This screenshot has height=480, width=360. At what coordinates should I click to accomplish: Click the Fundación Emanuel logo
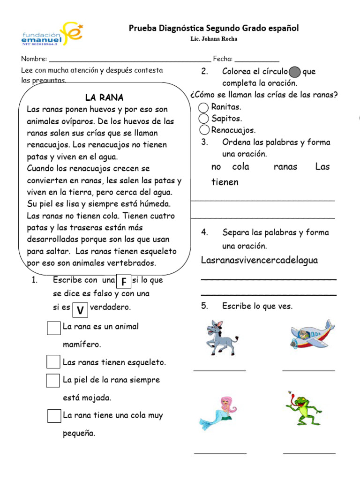click(52, 34)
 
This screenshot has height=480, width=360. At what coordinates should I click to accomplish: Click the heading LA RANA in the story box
click(104, 97)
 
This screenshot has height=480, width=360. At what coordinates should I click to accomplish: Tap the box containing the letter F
click(123, 281)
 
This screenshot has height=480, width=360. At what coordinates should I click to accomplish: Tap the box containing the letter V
click(80, 309)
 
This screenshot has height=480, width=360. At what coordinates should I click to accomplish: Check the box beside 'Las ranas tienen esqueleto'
click(53, 362)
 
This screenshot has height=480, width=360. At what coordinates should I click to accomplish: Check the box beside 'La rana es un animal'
click(53, 328)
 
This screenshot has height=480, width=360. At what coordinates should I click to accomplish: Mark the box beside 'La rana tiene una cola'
click(54, 416)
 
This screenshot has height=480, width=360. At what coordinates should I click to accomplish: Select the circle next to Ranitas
click(204, 107)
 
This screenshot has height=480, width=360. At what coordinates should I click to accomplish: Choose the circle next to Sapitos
click(204, 119)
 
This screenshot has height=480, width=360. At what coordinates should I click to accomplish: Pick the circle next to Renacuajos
click(204, 130)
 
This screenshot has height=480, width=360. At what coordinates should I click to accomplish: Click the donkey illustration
click(221, 337)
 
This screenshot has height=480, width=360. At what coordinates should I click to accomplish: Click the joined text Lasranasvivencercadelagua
click(259, 260)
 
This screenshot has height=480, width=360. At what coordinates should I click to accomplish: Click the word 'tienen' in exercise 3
click(225, 182)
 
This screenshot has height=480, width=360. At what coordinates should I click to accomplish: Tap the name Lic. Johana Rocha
click(214, 39)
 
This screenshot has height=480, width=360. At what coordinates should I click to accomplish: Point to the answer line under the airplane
click(308, 370)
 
